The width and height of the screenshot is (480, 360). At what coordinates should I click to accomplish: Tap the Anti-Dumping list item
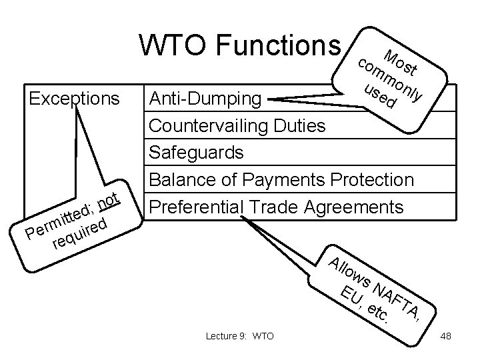pyautogui.click(x=205, y=99)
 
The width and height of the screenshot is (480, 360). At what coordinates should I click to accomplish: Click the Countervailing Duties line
pyautogui.click(x=237, y=126)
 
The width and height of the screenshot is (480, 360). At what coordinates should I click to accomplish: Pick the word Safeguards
pyautogui.click(x=196, y=153)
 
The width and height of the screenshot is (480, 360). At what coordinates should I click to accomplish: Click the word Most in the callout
pyautogui.click(x=400, y=61)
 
